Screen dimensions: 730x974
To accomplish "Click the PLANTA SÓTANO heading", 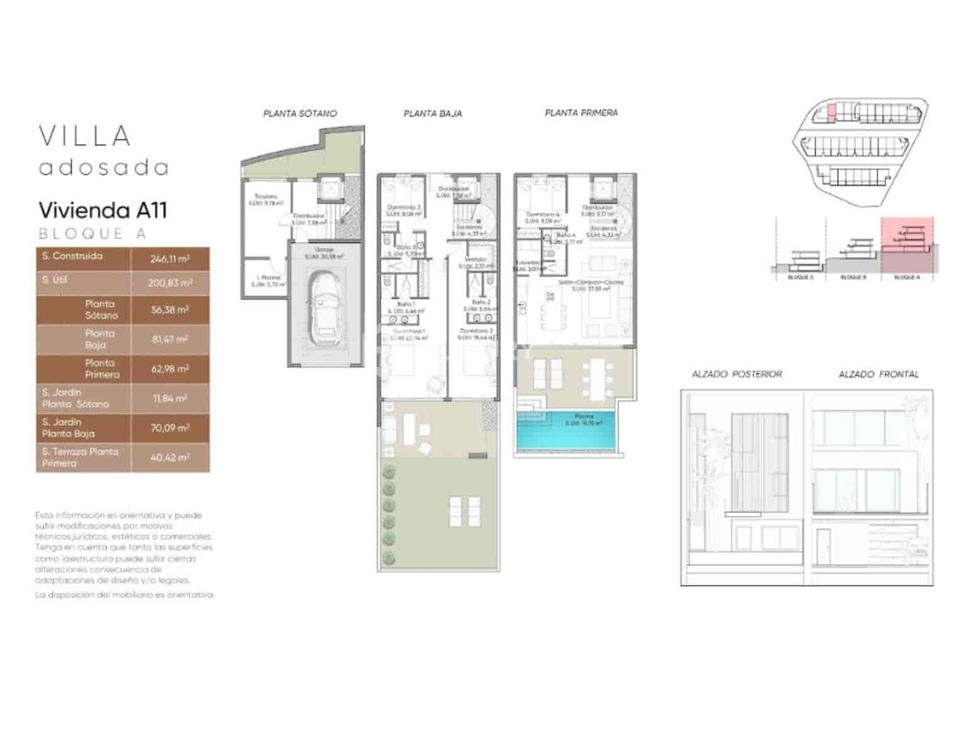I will tap(300, 114).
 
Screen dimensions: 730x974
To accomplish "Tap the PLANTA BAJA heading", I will tap(432, 114).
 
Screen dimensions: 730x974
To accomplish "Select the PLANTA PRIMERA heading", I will tap(581, 113).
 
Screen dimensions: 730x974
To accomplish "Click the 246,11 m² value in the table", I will tap(170, 258).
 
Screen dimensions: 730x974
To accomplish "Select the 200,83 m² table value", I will tap(170, 283).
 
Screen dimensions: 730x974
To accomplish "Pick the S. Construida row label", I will tap(72, 256).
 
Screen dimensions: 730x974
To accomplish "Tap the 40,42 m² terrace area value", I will tap(170, 457).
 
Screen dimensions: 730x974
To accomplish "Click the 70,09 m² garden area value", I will tap(170, 428).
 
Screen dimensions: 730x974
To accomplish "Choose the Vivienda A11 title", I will tap(103, 210).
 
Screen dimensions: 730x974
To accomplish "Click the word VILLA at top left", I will tap(85, 136).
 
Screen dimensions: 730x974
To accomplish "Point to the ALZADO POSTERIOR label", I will tap(736, 374).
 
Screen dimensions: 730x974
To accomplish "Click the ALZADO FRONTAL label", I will tap(878, 374).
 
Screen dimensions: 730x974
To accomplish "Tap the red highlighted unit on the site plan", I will tap(831, 113).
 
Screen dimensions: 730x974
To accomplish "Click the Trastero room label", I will tap(266, 197).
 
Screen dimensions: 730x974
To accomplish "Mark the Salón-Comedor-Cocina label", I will tap(591, 283).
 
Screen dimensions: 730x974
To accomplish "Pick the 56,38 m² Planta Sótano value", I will tap(170, 310).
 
